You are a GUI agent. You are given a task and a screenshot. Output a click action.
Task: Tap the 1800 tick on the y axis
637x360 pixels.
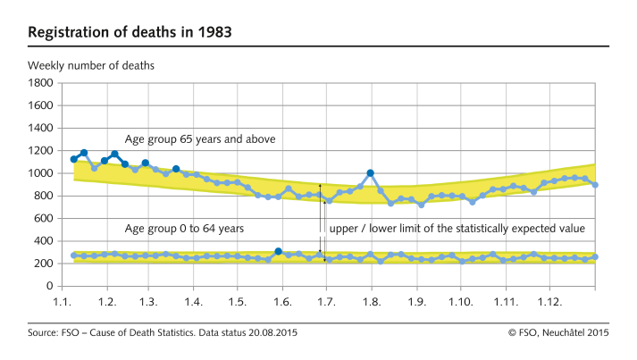pyautogui.click(x=41, y=82)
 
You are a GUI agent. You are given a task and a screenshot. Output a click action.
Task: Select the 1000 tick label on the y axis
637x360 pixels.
pyautogui.click(x=41, y=173)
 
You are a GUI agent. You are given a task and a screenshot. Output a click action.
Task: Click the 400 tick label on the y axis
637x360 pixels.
pyautogui.click(x=44, y=241)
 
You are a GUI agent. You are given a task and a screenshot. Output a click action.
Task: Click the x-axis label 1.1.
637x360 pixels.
pyautogui.click(x=63, y=303)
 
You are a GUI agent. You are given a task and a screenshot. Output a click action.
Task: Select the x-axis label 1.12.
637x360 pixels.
pyautogui.click(x=548, y=303)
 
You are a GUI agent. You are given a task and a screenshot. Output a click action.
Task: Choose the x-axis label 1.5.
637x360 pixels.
pyautogui.click(x=238, y=303)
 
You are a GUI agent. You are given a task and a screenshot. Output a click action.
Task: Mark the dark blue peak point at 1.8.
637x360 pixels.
pyautogui.click(x=370, y=173)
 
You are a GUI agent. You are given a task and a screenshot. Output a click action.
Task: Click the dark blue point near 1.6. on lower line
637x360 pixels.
pyautogui.click(x=278, y=252)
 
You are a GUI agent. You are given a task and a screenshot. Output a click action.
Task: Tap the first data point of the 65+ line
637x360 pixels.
pyautogui.click(x=74, y=159)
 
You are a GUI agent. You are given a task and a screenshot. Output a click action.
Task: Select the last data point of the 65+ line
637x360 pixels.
pyautogui.click(x=596, y=185)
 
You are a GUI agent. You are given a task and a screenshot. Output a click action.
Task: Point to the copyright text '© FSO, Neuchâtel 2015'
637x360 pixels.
pyautogui.click(x=557, y=333)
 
